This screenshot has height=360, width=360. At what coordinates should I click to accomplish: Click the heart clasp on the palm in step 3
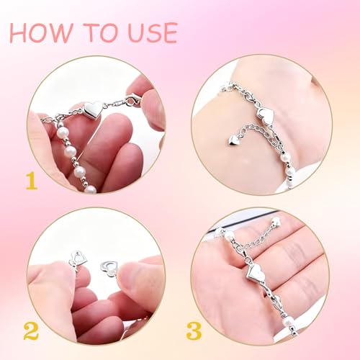[257, 273]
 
